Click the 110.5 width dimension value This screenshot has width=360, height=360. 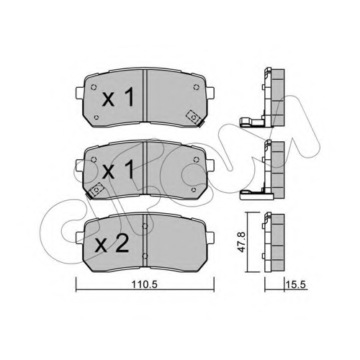pyautogui.click(x=144, y=285)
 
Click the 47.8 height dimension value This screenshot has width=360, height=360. pyautogui.click(x=241, y=242)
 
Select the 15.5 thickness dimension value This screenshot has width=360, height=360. pyautogui.click(x=296, y=285)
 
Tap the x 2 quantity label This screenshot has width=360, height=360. pyautogui.click(x=112, y=243)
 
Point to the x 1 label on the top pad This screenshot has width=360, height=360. pyautogui.click(x=118, y=97)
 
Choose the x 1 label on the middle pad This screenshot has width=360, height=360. pyautogui.click(x=118, y=170)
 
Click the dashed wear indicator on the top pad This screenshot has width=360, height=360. pyautogui.click(x=194, y=117)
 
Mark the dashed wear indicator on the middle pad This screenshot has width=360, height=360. pyautogui.click(x=96, y=189)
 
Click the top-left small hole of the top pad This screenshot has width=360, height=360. pyautogui.click(x=94, y=87)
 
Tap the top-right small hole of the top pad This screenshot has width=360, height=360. pyautogui.click(x=196, y=87)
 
